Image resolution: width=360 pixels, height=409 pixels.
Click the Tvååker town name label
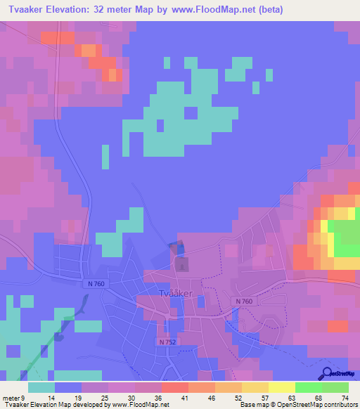176,294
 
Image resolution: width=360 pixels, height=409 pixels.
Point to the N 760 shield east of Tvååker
243,301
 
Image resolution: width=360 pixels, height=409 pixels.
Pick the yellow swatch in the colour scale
282,387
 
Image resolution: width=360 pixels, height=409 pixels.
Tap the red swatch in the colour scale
175,387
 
